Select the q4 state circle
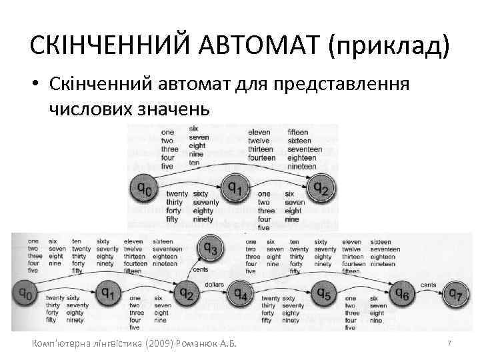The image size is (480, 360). click(241, 293)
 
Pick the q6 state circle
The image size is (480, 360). click(403, 293)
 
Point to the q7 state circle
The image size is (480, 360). click(456, 293)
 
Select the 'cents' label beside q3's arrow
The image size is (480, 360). click(200, 270)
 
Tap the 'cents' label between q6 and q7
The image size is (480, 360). click(429, 285)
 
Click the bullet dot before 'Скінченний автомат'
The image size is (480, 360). click(38, 84)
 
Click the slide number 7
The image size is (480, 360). click(450, 343)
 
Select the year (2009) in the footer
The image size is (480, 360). click(156, 344)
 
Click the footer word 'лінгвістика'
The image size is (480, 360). click(113, 344)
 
